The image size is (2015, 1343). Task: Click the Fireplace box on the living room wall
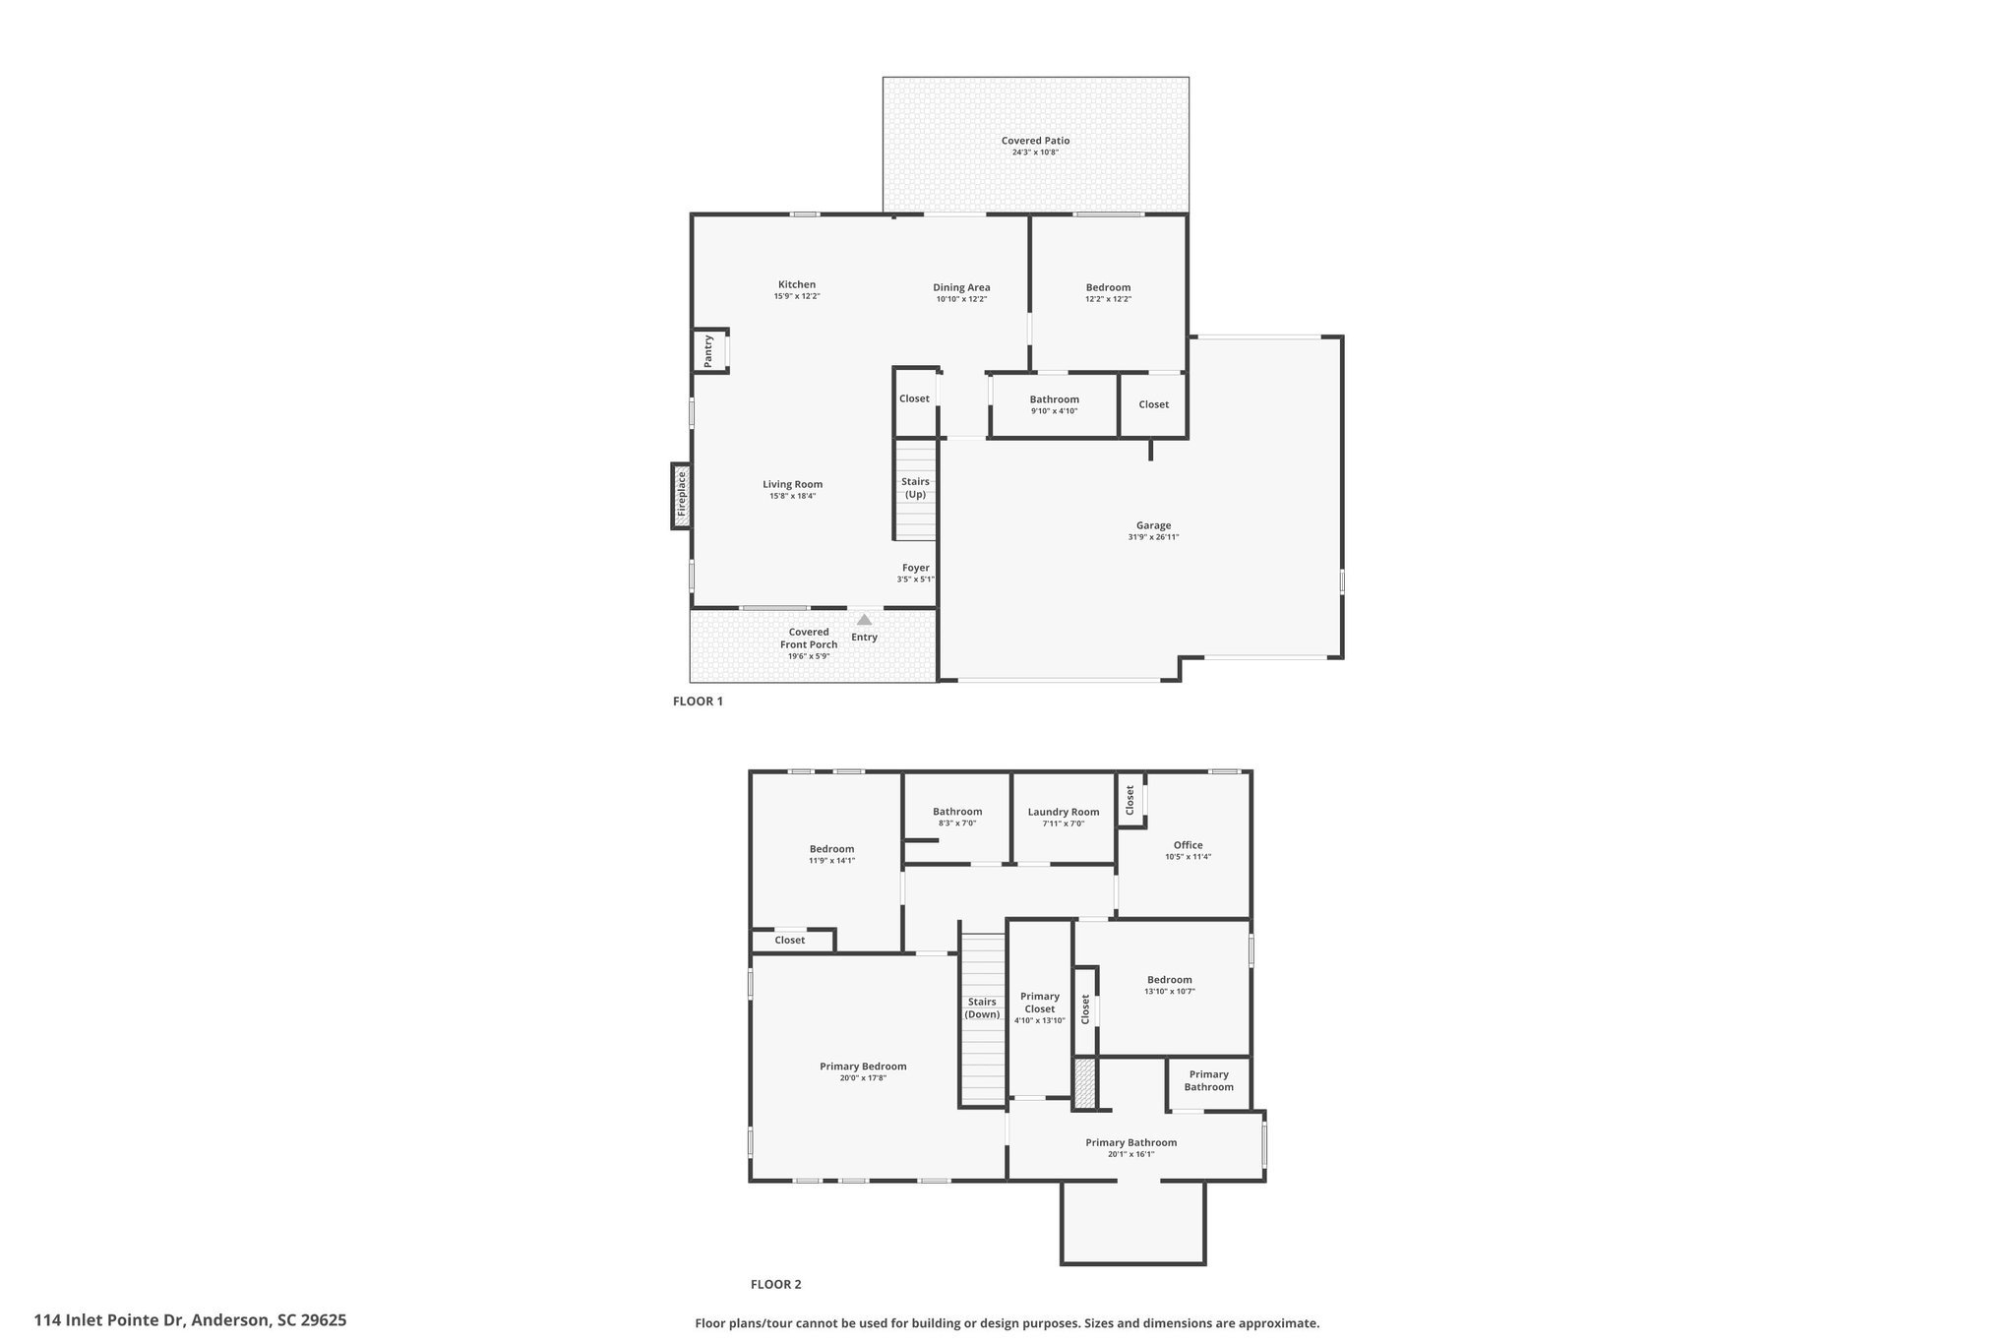681,496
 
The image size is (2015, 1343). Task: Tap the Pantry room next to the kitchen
710,351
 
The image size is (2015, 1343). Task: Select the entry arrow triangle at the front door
864,620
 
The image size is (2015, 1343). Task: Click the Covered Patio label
1035,141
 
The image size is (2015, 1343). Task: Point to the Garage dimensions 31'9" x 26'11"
1153,537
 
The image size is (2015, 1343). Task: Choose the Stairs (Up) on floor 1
915,489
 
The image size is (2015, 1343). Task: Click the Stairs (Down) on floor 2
983,1019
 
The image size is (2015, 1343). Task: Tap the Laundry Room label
1063,812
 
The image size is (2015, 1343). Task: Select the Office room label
1188,845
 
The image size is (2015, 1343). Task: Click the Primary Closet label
1039,1003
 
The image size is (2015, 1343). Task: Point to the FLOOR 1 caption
698,702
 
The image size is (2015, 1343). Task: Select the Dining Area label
961,287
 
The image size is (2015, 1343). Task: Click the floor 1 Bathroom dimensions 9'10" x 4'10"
1055,411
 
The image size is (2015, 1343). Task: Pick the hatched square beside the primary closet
1084,1083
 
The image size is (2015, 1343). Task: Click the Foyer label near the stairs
916,568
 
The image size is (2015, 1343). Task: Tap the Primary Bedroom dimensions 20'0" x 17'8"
863,1078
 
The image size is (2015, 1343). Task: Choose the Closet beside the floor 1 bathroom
1153,404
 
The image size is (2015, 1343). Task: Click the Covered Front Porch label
809,639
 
